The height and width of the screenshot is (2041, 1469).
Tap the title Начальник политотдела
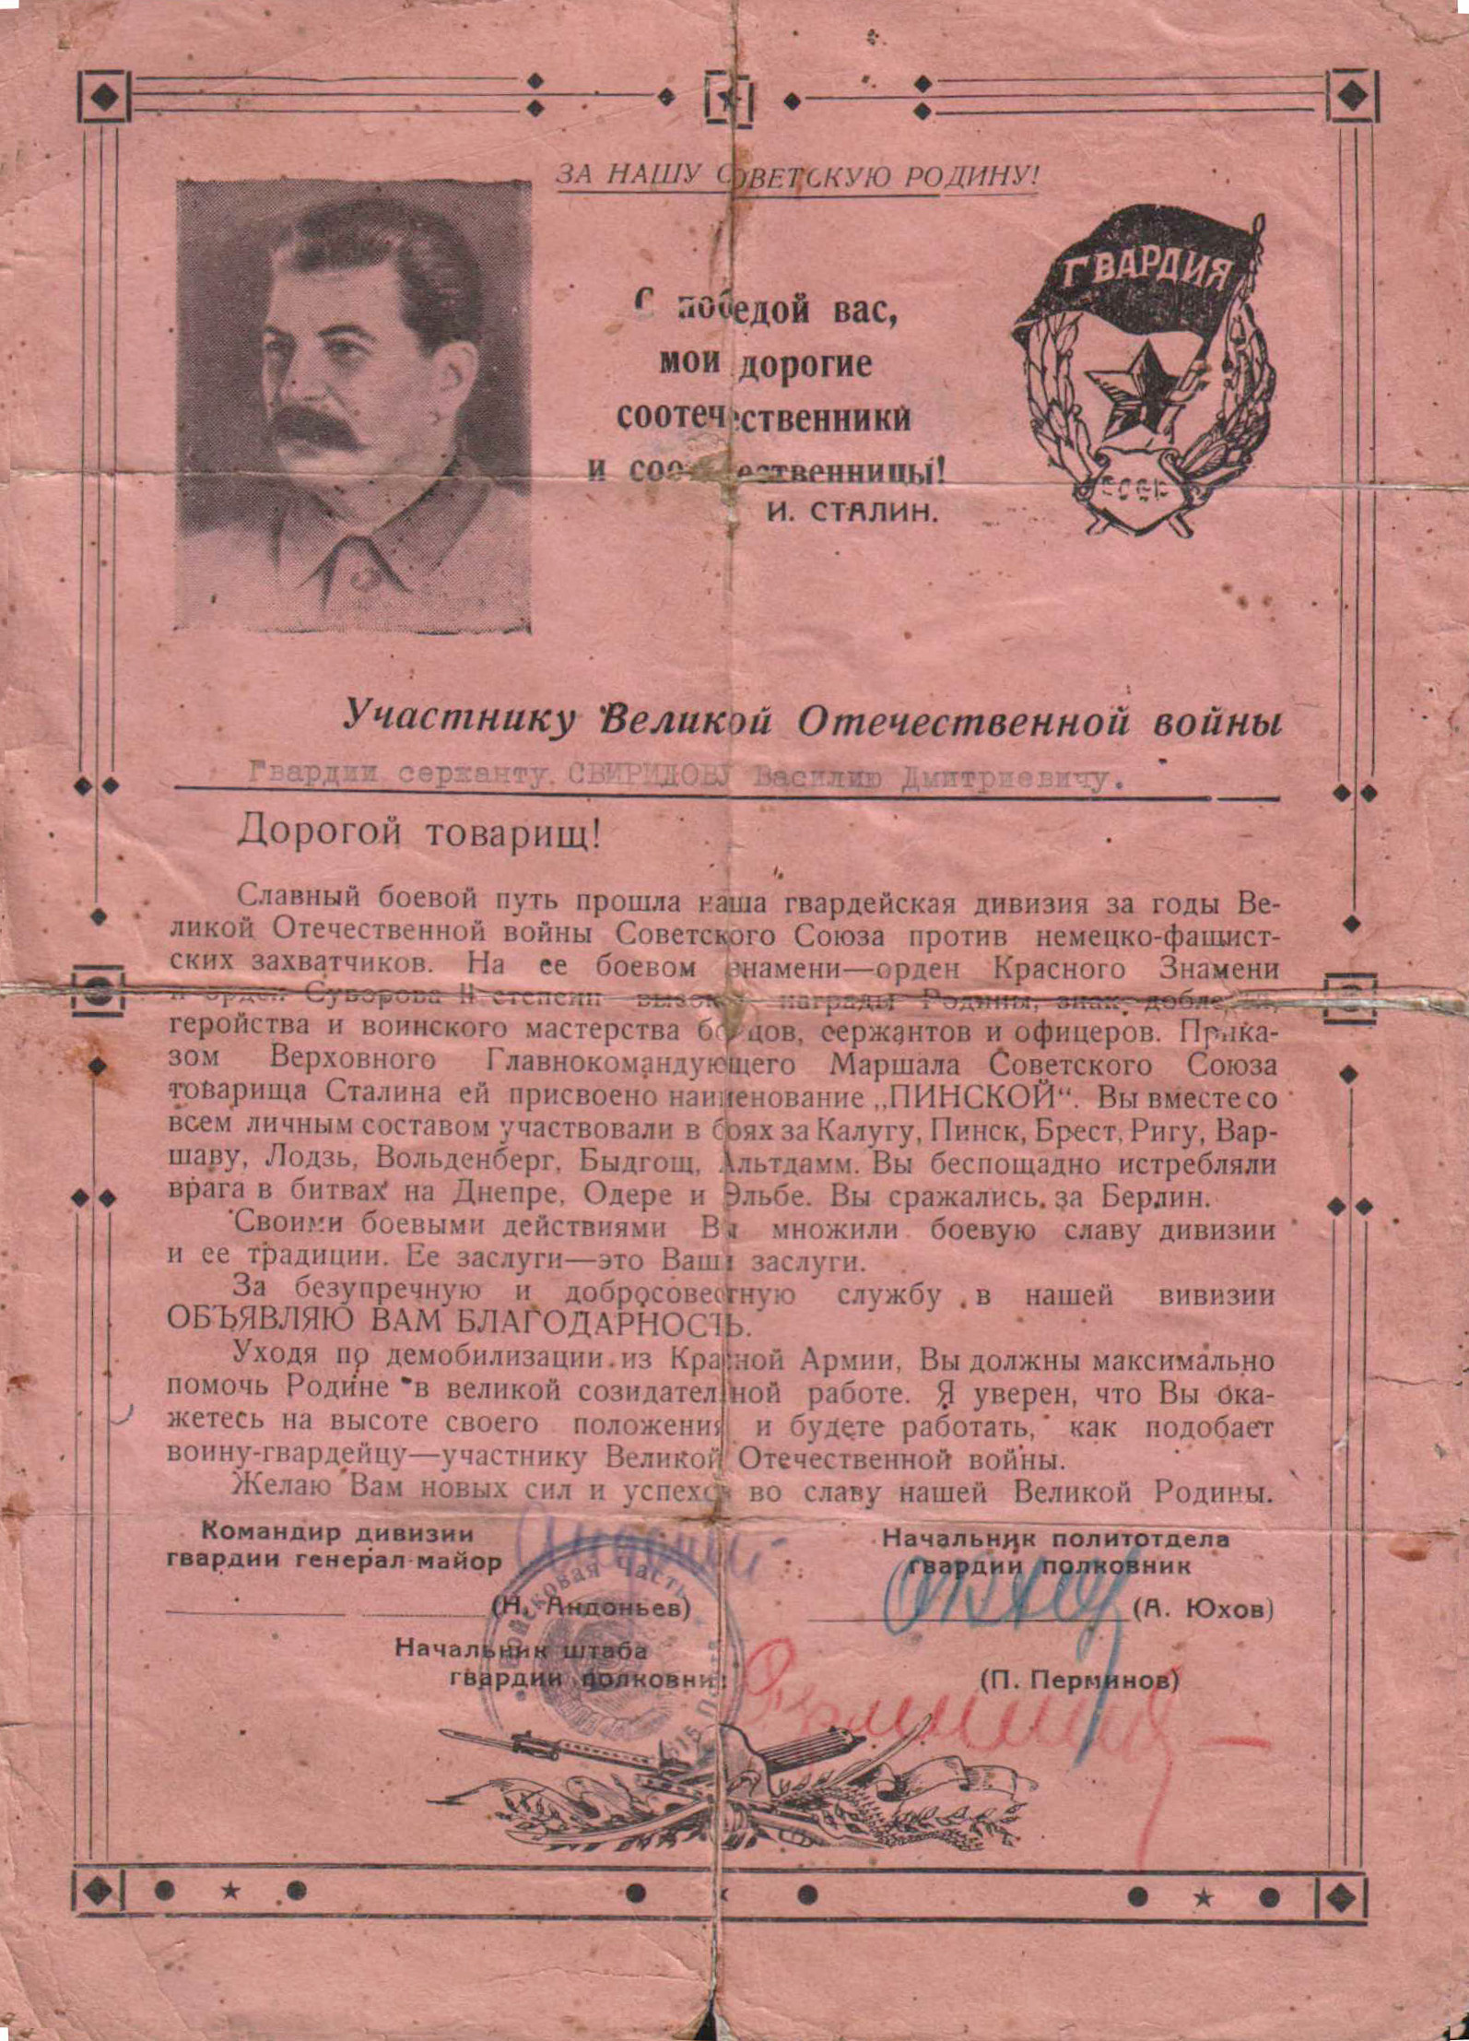click(1055, 1539)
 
